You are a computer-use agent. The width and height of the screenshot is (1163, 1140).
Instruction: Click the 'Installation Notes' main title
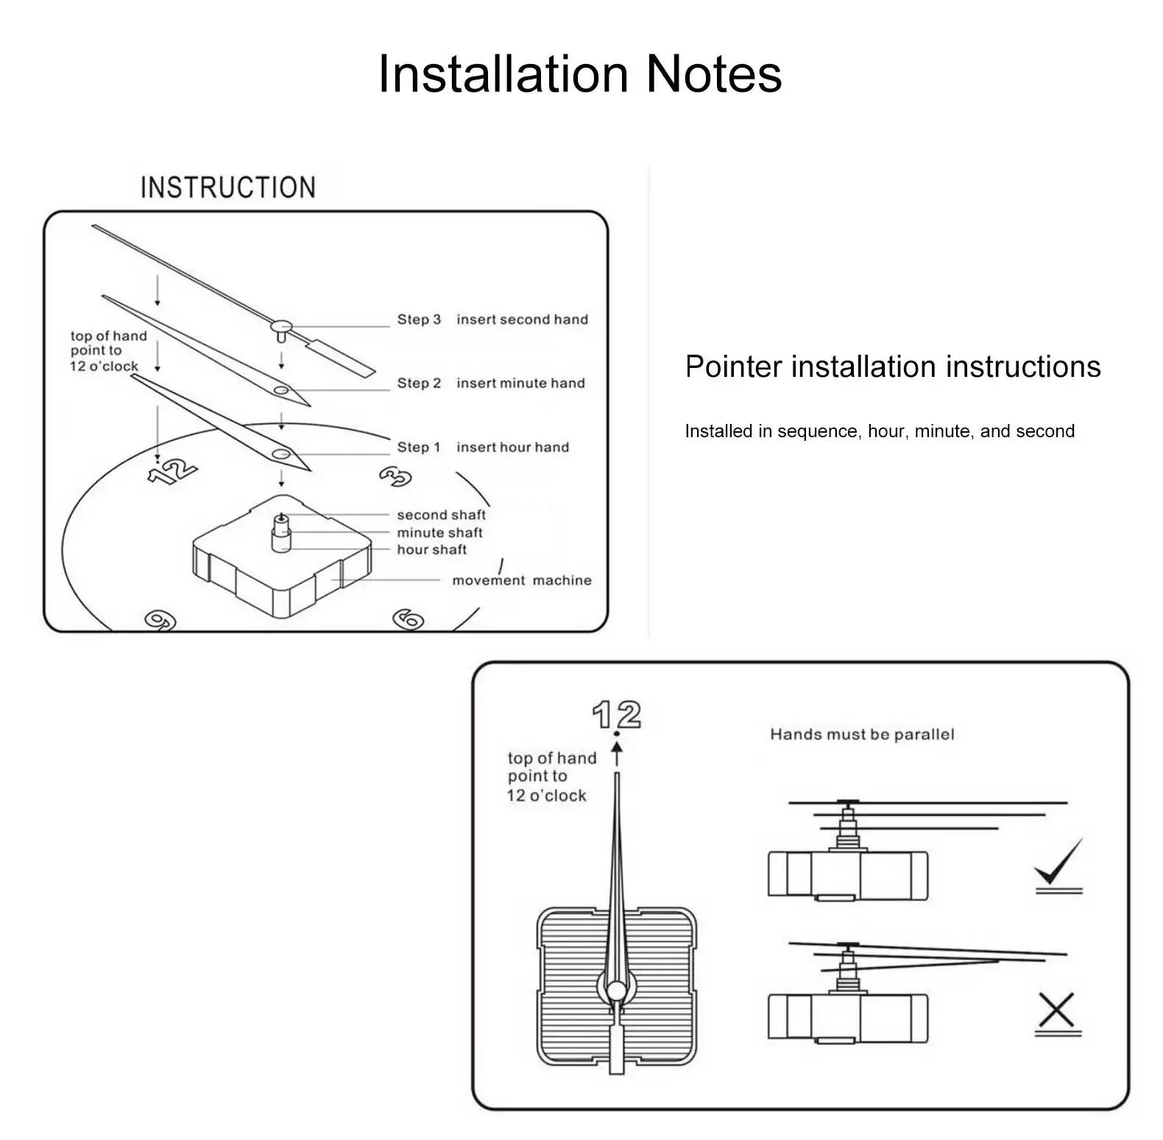tap(579, 74)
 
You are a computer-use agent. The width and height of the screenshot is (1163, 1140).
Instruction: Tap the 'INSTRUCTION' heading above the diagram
tap(228, 188)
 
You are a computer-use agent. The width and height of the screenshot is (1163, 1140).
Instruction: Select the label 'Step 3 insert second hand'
tap(492, 319)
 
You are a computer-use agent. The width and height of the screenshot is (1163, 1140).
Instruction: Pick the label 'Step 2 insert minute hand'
tap(491, 383)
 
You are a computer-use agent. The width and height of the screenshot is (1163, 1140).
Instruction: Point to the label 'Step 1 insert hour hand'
tap(483, 447)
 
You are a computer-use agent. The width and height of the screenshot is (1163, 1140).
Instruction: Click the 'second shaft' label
tap(441, 514)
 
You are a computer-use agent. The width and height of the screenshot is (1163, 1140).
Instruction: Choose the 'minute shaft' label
tap(439, 532)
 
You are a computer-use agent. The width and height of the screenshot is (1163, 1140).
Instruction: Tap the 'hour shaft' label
tap(431, 549)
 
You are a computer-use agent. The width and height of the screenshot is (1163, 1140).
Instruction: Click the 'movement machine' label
tap(521, 580)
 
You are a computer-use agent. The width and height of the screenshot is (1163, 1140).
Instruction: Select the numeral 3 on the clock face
tap(395, 476)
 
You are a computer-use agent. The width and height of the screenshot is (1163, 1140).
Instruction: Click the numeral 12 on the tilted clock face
tap(172, 470)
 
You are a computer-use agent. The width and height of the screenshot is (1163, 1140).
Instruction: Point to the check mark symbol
tap(1058, 863)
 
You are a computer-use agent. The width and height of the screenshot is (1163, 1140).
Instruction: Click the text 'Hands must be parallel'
tap(862, 734)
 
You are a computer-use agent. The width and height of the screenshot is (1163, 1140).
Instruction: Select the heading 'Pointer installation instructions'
tap(892, 367)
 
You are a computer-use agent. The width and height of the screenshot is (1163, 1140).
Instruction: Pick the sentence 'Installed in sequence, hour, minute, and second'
tap(880, 431)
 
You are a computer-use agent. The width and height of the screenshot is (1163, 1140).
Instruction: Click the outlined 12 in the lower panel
tap(617, 715)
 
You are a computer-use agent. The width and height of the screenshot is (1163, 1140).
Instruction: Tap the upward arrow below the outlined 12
tap(617, 755)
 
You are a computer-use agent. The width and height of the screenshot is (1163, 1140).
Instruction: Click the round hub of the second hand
tap(281, 326)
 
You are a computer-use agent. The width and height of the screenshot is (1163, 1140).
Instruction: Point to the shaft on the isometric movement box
tap(281, 531)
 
